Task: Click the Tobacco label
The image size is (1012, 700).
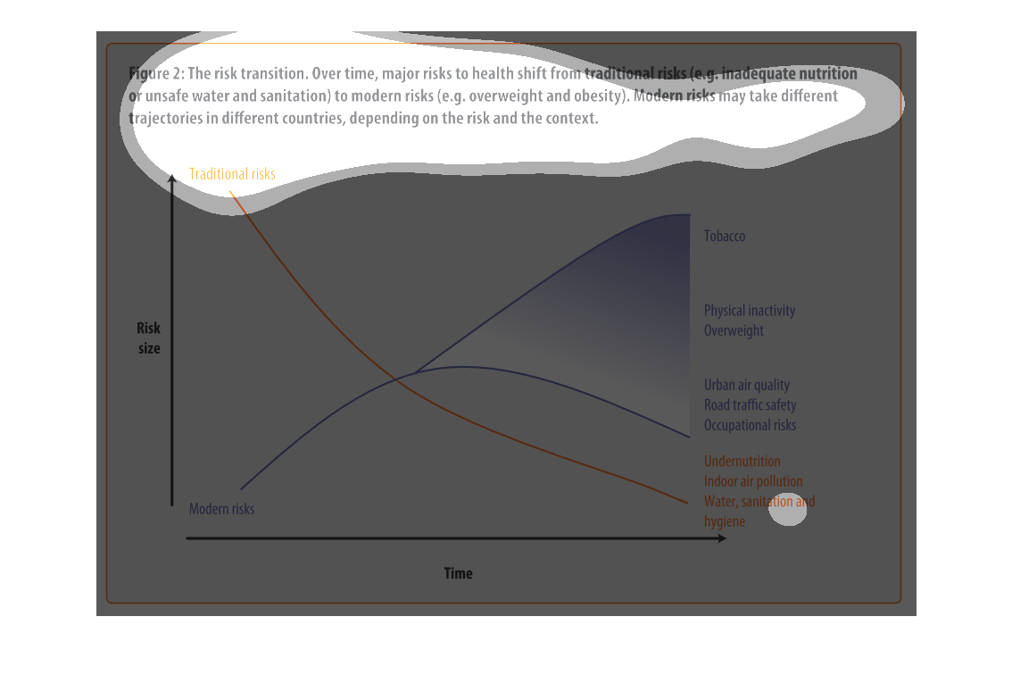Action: pos(724,237)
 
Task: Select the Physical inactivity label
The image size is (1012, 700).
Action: pos(750,311)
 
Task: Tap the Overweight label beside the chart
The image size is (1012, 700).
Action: pos(734,330)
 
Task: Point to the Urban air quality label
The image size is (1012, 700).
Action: pos(747,385)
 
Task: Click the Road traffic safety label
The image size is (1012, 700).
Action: pos(750,404)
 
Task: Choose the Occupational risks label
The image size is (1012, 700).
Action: pos(750,425)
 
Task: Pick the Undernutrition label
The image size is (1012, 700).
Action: pos(742,461)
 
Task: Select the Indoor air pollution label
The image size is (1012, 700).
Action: pos(753,481)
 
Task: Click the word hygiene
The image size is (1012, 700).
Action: pos(724,521)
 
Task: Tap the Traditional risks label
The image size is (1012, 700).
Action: pos(232,174)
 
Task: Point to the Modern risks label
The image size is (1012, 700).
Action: pos(221,509)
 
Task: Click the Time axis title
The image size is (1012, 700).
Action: pos(458,573)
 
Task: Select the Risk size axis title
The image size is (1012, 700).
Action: pos(148,337)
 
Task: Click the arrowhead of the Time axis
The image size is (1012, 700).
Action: pos(723,537)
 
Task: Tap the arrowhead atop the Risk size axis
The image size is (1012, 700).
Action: pos(171,179)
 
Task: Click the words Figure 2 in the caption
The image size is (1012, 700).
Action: pos(156,73)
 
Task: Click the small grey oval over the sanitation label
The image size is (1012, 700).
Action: pos(787,510)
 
